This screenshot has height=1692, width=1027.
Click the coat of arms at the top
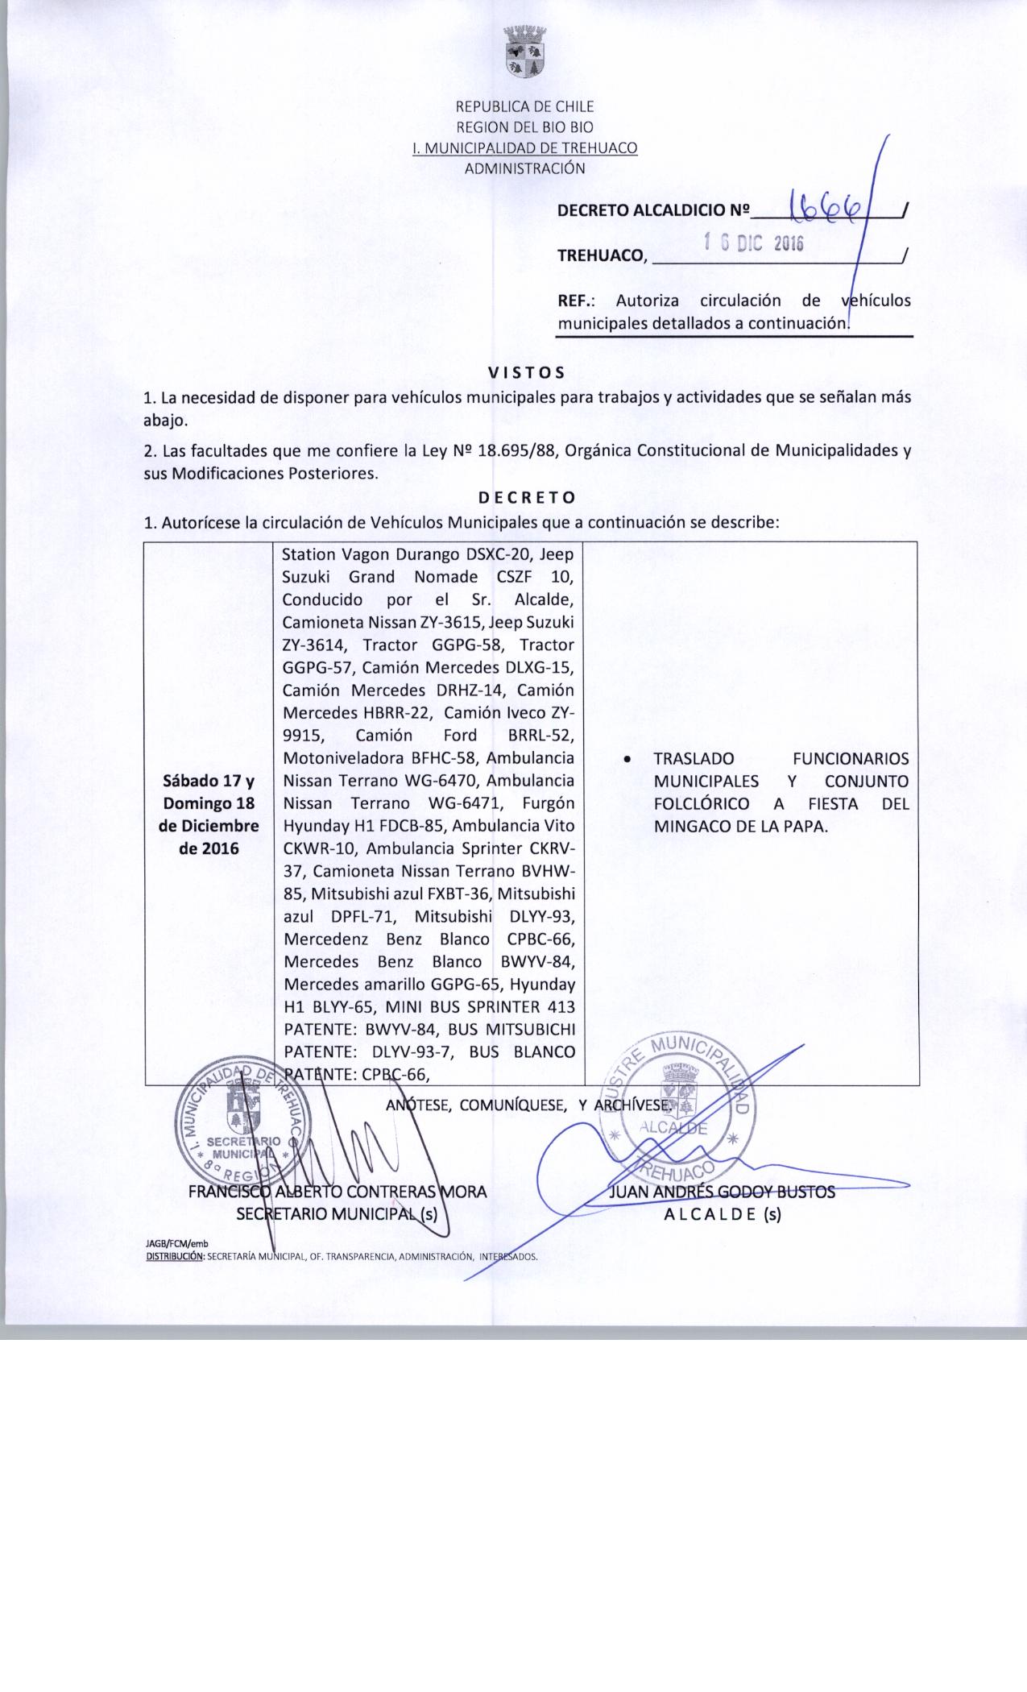click(x=524, y=52)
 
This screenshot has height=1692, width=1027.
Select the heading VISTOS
click(x=527, y=372)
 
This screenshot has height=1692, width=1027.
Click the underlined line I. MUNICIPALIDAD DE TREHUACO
click(x=524, y=148)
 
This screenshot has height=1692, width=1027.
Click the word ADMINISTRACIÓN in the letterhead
click(x=524, y=168)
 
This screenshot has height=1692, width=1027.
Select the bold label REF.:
click(x=576, y=301)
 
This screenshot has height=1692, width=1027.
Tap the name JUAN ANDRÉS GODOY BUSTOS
click(x=723, y=1192)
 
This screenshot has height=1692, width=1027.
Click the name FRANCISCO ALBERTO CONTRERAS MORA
click(x=338, y=1192)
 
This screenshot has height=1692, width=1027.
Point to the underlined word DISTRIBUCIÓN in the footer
click(x=173, y=1255)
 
